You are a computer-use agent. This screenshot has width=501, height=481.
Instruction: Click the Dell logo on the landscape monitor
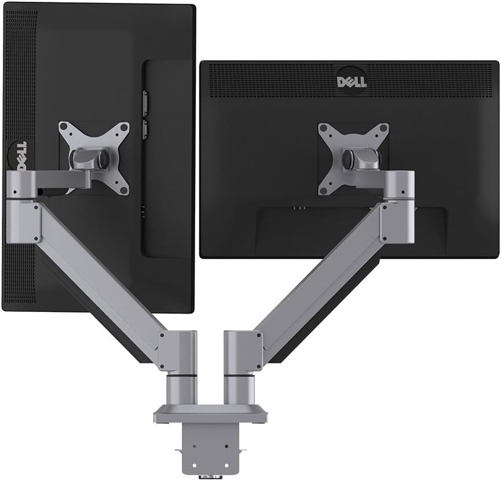pos(352,82)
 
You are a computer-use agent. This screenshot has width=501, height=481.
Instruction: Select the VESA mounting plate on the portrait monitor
pos(94,158)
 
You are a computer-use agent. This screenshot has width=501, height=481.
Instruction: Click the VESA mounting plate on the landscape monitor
pos(353,159)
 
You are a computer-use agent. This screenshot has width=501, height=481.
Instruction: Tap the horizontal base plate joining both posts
pos(211,414)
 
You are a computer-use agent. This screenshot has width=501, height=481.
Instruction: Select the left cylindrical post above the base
pos(181,390)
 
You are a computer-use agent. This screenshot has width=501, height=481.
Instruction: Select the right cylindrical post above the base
pos(239,390)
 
